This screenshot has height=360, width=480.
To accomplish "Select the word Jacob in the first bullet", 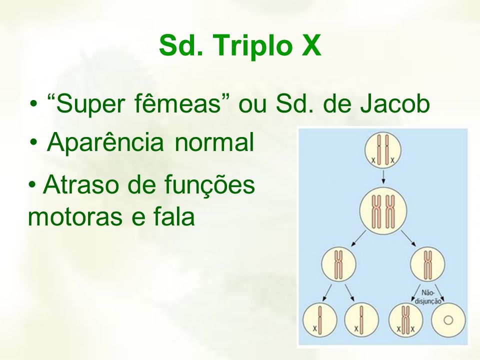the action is (x=395, y=104).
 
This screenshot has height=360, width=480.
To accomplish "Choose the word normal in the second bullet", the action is (x=214, y=142).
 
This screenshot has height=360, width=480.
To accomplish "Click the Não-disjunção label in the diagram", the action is (x=428, y=296).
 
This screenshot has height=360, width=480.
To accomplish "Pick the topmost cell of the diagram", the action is (x=383, y=150).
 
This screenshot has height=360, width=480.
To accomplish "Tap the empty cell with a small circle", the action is (x=448, y=320).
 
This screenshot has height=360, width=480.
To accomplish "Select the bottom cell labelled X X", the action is (x=405, y=320).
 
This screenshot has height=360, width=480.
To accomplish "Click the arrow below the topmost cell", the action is (x=383, y=177).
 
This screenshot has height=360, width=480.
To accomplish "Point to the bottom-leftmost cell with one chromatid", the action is (x=319, y=320).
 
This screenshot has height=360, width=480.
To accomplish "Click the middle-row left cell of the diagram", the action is (x=338, y=264).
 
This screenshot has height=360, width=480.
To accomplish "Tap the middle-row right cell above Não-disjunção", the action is (x=427, y=264).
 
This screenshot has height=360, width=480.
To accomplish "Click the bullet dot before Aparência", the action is (x=34, y=142).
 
